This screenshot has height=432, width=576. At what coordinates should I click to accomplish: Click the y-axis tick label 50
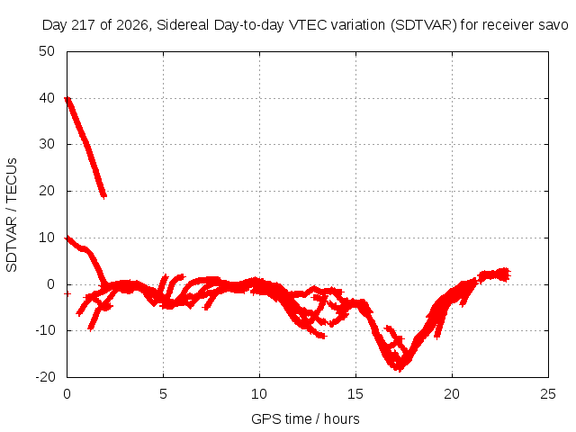click(47, 51)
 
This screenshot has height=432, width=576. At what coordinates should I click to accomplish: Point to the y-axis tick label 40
click(47, 98)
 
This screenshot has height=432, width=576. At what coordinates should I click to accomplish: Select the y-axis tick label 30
click(47, 144)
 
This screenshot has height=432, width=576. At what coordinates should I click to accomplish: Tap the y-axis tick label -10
click(45, 330)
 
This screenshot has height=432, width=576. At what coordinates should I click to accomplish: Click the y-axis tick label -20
click(45, 377)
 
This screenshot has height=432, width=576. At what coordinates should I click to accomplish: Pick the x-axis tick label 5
click(163, 394)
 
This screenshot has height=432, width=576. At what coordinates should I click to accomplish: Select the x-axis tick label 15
click(355, 394)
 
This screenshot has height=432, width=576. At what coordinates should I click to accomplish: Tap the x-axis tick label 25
click(548, 394)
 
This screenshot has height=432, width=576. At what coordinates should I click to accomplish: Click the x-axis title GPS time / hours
click(305, 419)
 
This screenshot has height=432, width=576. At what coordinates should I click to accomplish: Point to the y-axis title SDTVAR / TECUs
click(12, 215)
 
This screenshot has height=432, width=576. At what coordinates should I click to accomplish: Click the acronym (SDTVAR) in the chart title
click(424, 25)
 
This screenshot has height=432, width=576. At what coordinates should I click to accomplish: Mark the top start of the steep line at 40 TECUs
click(67, 98)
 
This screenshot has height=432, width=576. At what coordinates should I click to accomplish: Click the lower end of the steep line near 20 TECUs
click(104, 195)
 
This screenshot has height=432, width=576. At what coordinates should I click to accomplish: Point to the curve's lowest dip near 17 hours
click(400, 368)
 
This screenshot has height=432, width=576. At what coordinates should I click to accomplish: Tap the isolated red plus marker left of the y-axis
click(67, 293)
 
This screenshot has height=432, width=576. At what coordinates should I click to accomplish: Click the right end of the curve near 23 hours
click(507, 274)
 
